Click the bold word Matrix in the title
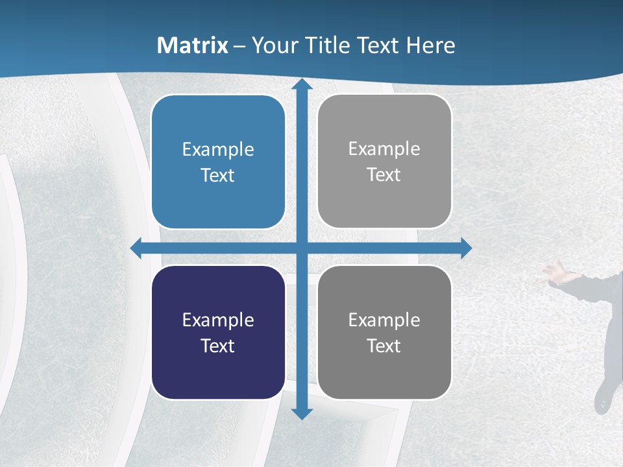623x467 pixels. point(193,45)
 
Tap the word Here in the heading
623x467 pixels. point(432,45)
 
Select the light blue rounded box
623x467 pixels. point(218,162)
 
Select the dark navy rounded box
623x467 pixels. point(218,332)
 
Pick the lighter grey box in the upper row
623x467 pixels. point(384,162)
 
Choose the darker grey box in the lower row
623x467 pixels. point(384,332)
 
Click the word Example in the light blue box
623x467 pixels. point(218,149)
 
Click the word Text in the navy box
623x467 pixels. point(218,346)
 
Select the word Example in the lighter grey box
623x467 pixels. point(384,149)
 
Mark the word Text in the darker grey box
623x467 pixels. point(384,346)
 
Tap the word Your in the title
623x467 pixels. point(273,45)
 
